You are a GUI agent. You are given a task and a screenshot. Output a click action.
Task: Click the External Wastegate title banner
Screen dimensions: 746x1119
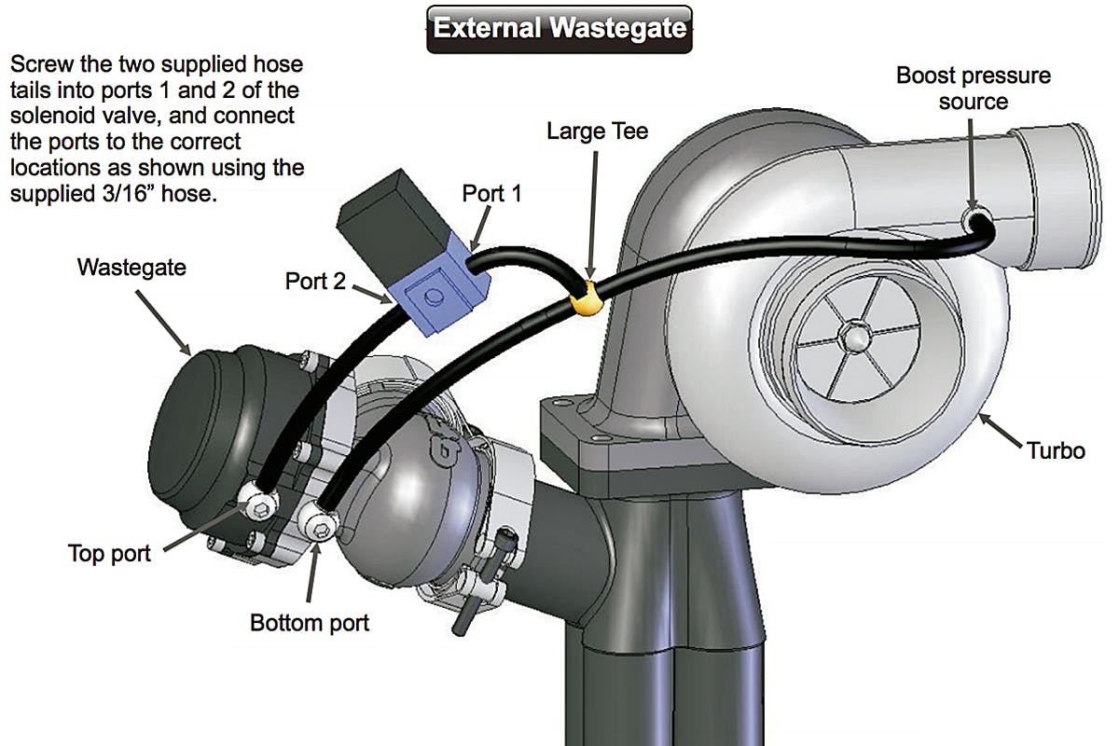point(559,28)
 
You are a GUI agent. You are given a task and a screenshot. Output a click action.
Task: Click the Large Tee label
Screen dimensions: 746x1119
point(597,131)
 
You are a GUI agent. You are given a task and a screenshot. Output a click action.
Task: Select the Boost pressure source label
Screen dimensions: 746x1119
point(973,88)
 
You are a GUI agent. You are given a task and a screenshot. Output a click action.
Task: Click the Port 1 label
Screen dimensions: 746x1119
point(492,194)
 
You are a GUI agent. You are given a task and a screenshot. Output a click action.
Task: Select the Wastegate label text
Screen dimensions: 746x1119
point(131,268)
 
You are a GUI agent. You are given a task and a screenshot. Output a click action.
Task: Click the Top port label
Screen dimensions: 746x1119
point(109,552)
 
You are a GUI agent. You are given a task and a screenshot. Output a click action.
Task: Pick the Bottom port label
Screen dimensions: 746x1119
point(310,622)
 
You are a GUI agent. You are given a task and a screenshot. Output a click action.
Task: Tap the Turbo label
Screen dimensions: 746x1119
point(1057,450)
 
